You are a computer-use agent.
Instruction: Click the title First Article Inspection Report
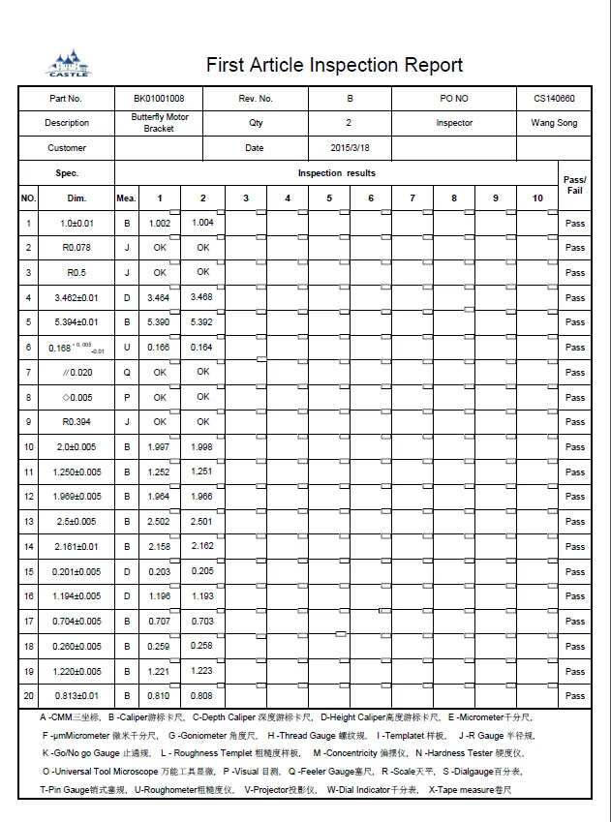tap(334, 65)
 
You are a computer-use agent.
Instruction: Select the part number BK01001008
tap(159, 99)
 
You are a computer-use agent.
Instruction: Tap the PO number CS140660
tap(554, 99)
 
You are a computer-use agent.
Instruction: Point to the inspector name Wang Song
tap(554, 123)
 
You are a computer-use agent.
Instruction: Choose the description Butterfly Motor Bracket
tap(159, 123)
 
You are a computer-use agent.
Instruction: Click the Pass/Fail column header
tap(574, 185)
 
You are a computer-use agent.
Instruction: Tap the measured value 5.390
tap(160, 322)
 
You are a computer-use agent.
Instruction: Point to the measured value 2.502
tap(160, 522)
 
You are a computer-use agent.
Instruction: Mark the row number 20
tap(28, 695)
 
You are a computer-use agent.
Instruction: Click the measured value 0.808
tap(202, 695)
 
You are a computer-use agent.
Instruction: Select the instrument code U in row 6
tap(126, 348)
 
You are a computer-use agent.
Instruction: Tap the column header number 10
tap(537, 198)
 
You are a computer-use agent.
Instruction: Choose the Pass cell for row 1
tap(575, 224)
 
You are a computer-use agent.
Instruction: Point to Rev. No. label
tap(256, 99)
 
